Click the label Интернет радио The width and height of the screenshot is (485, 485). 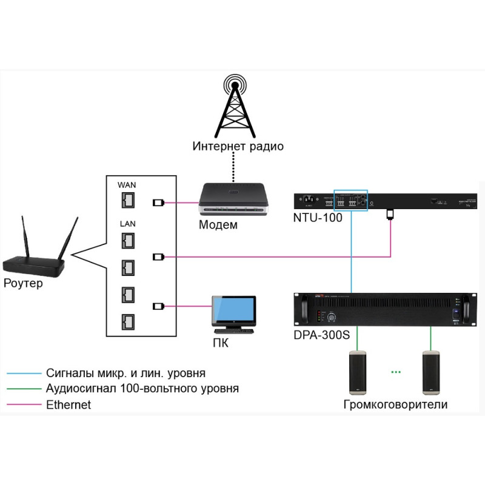pos(238,146)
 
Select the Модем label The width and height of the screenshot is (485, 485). pos(218,226)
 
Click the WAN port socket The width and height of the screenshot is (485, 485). pos(129,201)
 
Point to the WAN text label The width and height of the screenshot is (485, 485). pos(129,184)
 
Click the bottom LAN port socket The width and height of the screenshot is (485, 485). pos(129,321)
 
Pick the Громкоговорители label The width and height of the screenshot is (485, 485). pos(395,404)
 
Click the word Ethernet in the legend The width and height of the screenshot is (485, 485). pos(69,404)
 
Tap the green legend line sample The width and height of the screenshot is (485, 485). pos(22,389)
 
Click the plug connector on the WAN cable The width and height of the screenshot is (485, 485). pos(158,203)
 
